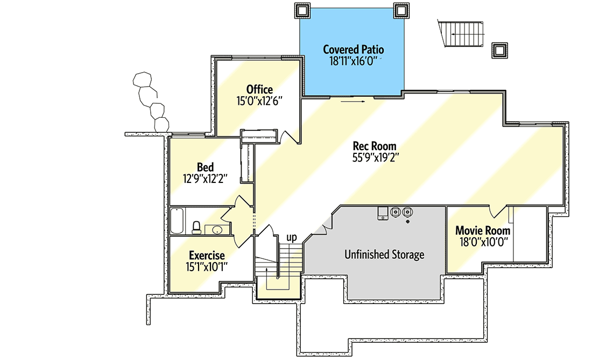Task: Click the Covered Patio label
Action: (x=353, y=50)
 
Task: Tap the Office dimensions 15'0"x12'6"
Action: (x=259, y=100)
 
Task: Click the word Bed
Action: (x=205, y=167)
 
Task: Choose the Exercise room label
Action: (x=206, y=255)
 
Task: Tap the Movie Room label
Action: (x=482, y=231)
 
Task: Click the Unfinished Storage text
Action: (x=384, y=255)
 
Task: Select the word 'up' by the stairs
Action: (x=291, y=237)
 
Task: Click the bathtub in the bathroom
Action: (x=178, y=221)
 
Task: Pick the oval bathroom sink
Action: (x=217, y=230)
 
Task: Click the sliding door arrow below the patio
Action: (x=353, y=100)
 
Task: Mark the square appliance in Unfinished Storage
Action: (x=383, y=214)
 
